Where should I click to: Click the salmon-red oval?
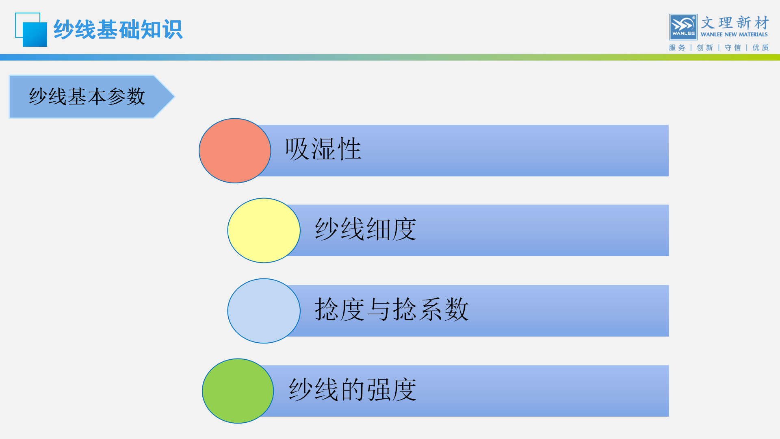(235, 151)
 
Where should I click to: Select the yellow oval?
(264, 230)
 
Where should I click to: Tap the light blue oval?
(264, 311)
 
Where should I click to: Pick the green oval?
(238, 391)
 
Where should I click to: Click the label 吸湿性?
(323, 149)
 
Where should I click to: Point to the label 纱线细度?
(366, 229)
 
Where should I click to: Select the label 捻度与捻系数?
(392, 309)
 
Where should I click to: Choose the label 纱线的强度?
(353, 389)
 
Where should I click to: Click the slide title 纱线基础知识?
(118, 30)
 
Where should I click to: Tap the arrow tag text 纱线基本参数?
(87, 97)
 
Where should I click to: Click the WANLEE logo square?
(683, 27)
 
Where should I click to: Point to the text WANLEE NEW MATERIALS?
(734, 35)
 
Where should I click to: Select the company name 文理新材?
(735, 22)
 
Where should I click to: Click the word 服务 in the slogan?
(677, 48)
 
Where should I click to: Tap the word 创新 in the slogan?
(705, 48)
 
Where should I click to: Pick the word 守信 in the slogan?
(732, 48)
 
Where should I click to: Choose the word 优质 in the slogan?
(760, 48)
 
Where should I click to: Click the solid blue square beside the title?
(35, 35)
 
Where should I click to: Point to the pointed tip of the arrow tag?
(174, 97)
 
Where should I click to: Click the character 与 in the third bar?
(379, 309)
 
